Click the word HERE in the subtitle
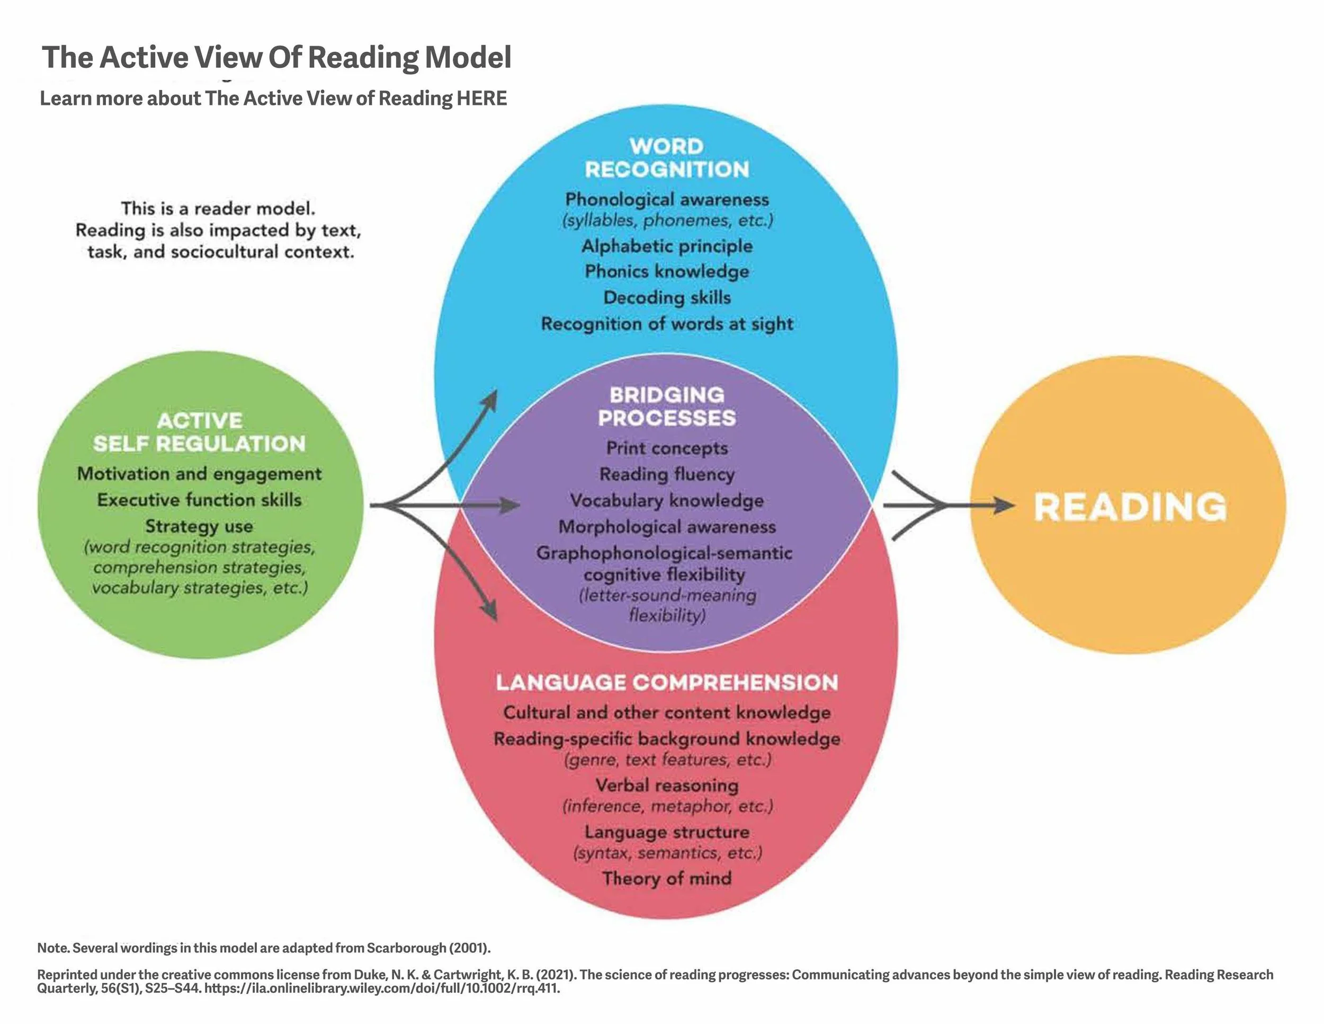[x=482, y=98]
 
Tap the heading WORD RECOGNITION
[x=667, y=158]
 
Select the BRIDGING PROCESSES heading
[x=667, y=407]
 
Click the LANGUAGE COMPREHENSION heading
[x=667, y=683]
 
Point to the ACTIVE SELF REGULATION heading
[x=200, y=432]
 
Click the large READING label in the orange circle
[x=1130, y=507]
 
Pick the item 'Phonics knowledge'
[x=667, y=271]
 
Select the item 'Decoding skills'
[x=667, y=297]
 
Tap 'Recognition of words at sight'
[x=667, y=324]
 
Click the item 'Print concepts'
[x=667, y=448]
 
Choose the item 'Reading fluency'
[x=667, y=474]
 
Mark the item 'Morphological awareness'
[x=667, y=526]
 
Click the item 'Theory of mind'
[x=667, y=878]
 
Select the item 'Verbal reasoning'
[x=667, y=785]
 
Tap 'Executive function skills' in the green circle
[x=200, y=500]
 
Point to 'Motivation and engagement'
[x=200, y=474]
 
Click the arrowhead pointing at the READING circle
[x=1003, y=505]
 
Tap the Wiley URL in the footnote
[x=382, y=988]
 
